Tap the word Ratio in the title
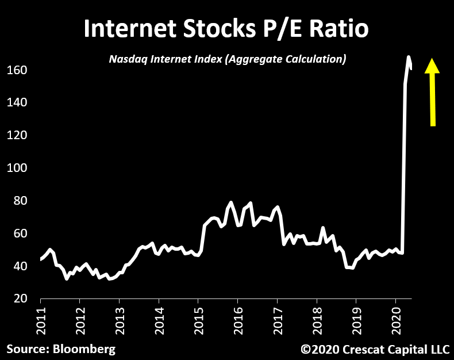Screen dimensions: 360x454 click(x=339, y=29)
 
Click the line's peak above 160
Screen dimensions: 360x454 click(x=409, y=57)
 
